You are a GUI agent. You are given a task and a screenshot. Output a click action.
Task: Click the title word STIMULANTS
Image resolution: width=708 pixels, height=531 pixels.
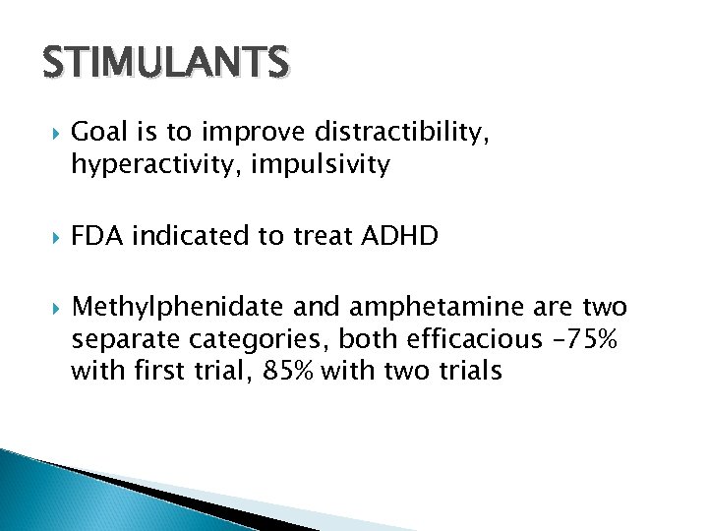click(165, 64)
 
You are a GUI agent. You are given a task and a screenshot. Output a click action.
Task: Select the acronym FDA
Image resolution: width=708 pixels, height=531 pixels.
click(97, 236)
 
